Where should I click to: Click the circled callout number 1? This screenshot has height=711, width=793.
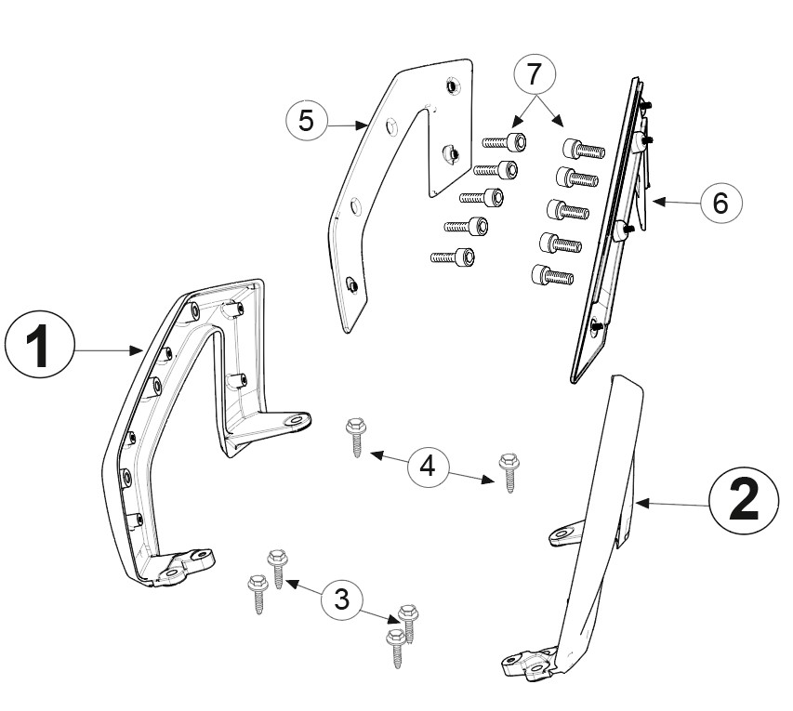click(39, 346)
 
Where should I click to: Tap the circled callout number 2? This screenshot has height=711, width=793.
click(744, 502)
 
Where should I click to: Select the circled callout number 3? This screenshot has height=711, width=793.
click(342, 599)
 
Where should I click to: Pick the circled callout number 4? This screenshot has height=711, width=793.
click(428, 465)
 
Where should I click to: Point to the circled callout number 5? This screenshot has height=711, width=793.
click(307, 120)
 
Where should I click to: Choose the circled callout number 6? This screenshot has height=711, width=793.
click(720, 203)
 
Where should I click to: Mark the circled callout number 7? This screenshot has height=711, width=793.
click(535, 74)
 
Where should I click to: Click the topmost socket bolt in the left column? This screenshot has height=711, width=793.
click(504, 141)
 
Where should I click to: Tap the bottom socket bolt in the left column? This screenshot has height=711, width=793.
click(453, 257)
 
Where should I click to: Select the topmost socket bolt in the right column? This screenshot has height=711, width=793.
click(584, 148)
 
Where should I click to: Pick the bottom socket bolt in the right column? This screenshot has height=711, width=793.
click(552, 275)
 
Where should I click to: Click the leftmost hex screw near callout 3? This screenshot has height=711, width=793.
click(258, 595)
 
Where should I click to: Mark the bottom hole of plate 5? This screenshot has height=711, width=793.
click(351, 284)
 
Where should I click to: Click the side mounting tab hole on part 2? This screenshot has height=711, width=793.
click(562, 533)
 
